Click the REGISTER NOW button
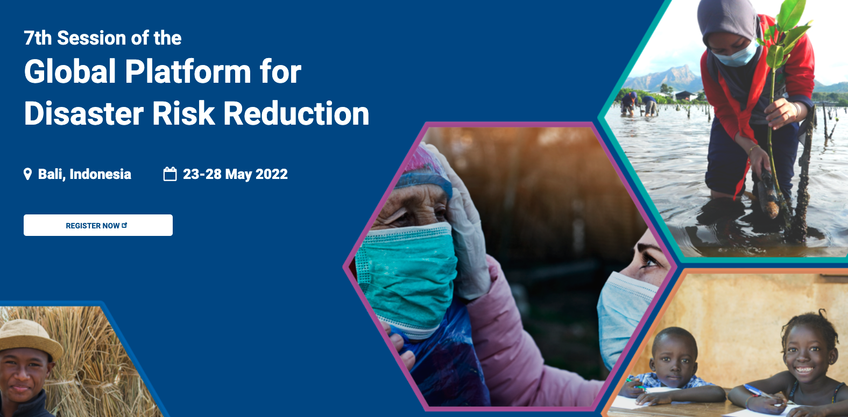pyautogui.click(x=98, y=225)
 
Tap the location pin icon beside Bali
pyautogui.click(x=28, y=174)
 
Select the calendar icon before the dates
pyautogui.click(x=170, y=174)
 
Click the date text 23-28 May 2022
pyautogui.click(x=235, y=174)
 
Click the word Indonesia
pyautogui.click(x=100, y=174)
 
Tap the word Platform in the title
pyautogui.click(x=188, y=72)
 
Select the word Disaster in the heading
pyautogui.click(x=84, y=113)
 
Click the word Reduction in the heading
pyautogui.click(x=296, y=113)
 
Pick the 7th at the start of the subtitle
pyautogui.click(x=38, y=38)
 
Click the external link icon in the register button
pyautogui.click(x=125, y=225)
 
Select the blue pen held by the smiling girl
pyautogui.click(x=759, y=392)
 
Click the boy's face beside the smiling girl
pyautogui.click(x=673, y=357)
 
